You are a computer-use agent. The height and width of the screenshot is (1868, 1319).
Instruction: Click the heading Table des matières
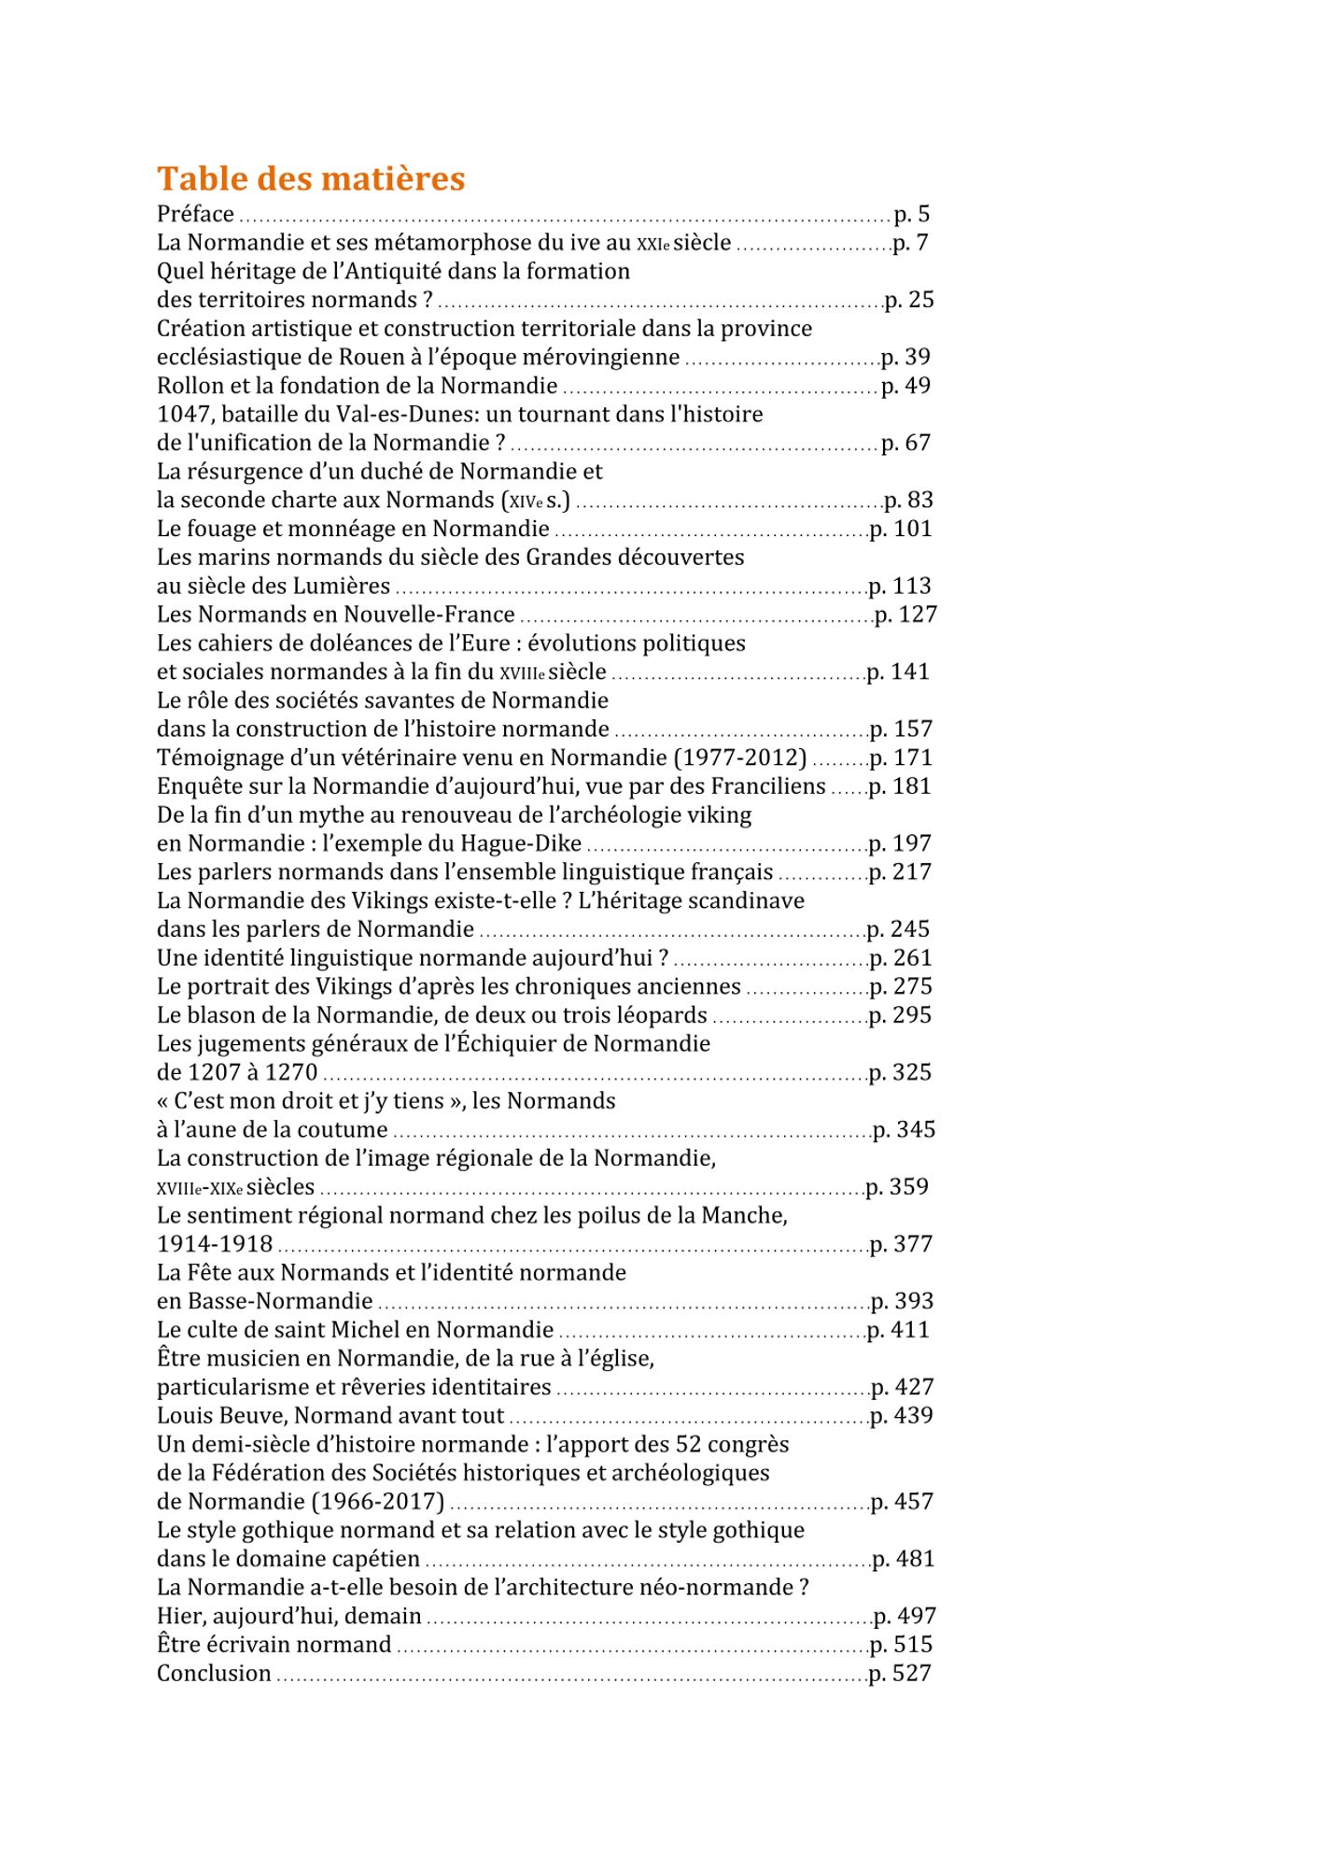pos(310,178)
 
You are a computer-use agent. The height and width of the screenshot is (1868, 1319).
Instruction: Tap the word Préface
pos(195,214)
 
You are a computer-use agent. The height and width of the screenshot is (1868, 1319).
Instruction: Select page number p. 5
pos(911,214)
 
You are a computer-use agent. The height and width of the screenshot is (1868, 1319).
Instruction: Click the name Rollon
pos(190,386)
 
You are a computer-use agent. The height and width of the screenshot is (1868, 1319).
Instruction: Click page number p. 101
pos(901,529)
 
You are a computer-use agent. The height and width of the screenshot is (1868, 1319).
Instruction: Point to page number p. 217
pos(900,871)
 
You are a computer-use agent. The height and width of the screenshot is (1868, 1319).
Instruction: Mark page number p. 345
pos(904,1129)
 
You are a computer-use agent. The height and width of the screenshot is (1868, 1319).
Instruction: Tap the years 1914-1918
pos(215,1244)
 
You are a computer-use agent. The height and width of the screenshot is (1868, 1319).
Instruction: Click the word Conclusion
pos(214,1673)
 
